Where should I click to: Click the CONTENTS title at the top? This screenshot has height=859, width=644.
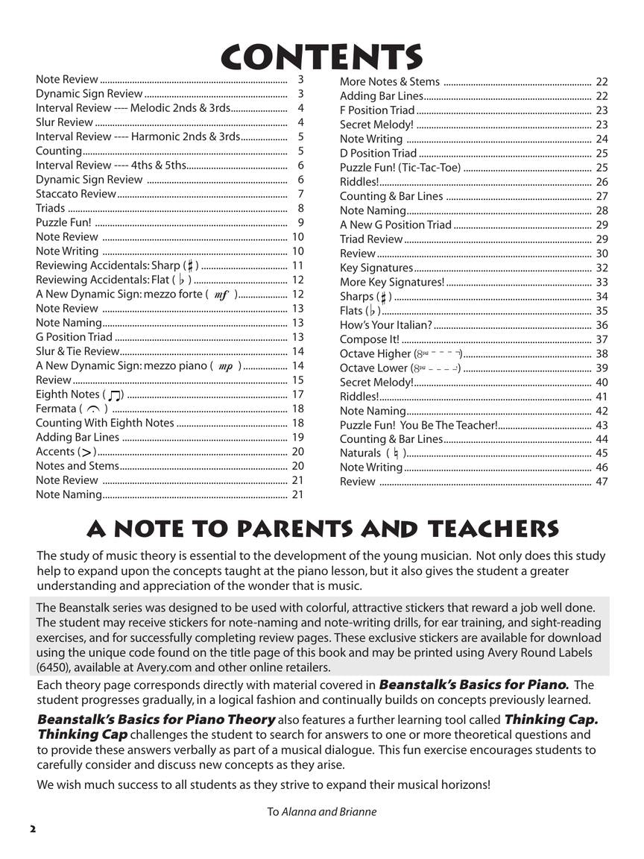[x=322, y=57]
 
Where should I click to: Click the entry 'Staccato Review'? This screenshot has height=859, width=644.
[x=76, y=194]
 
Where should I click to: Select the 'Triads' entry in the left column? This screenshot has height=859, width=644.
[x=51, y=208]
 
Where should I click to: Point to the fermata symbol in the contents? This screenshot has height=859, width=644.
[x=93, y=409]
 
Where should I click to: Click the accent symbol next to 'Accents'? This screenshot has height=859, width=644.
[x=87, y=452]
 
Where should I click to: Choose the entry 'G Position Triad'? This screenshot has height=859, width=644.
[x=74, y=337]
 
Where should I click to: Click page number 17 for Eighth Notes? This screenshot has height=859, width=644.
[x=297, y=394]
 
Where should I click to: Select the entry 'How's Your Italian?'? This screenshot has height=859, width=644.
[x=385, y=325]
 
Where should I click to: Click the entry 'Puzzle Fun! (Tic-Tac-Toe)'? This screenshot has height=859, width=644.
[x=400, y=168]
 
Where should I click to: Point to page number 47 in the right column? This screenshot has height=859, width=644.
[x=602, y=482]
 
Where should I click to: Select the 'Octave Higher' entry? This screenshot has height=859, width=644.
[x=375, y=353]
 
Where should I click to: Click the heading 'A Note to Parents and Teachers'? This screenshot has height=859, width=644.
[x=322, y=529]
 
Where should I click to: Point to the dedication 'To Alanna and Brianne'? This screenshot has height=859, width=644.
[x=322, y=812]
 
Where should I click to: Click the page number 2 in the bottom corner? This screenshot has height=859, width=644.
[x=32, y=829]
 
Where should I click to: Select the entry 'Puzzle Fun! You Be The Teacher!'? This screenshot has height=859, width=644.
[x=418, y=425]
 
